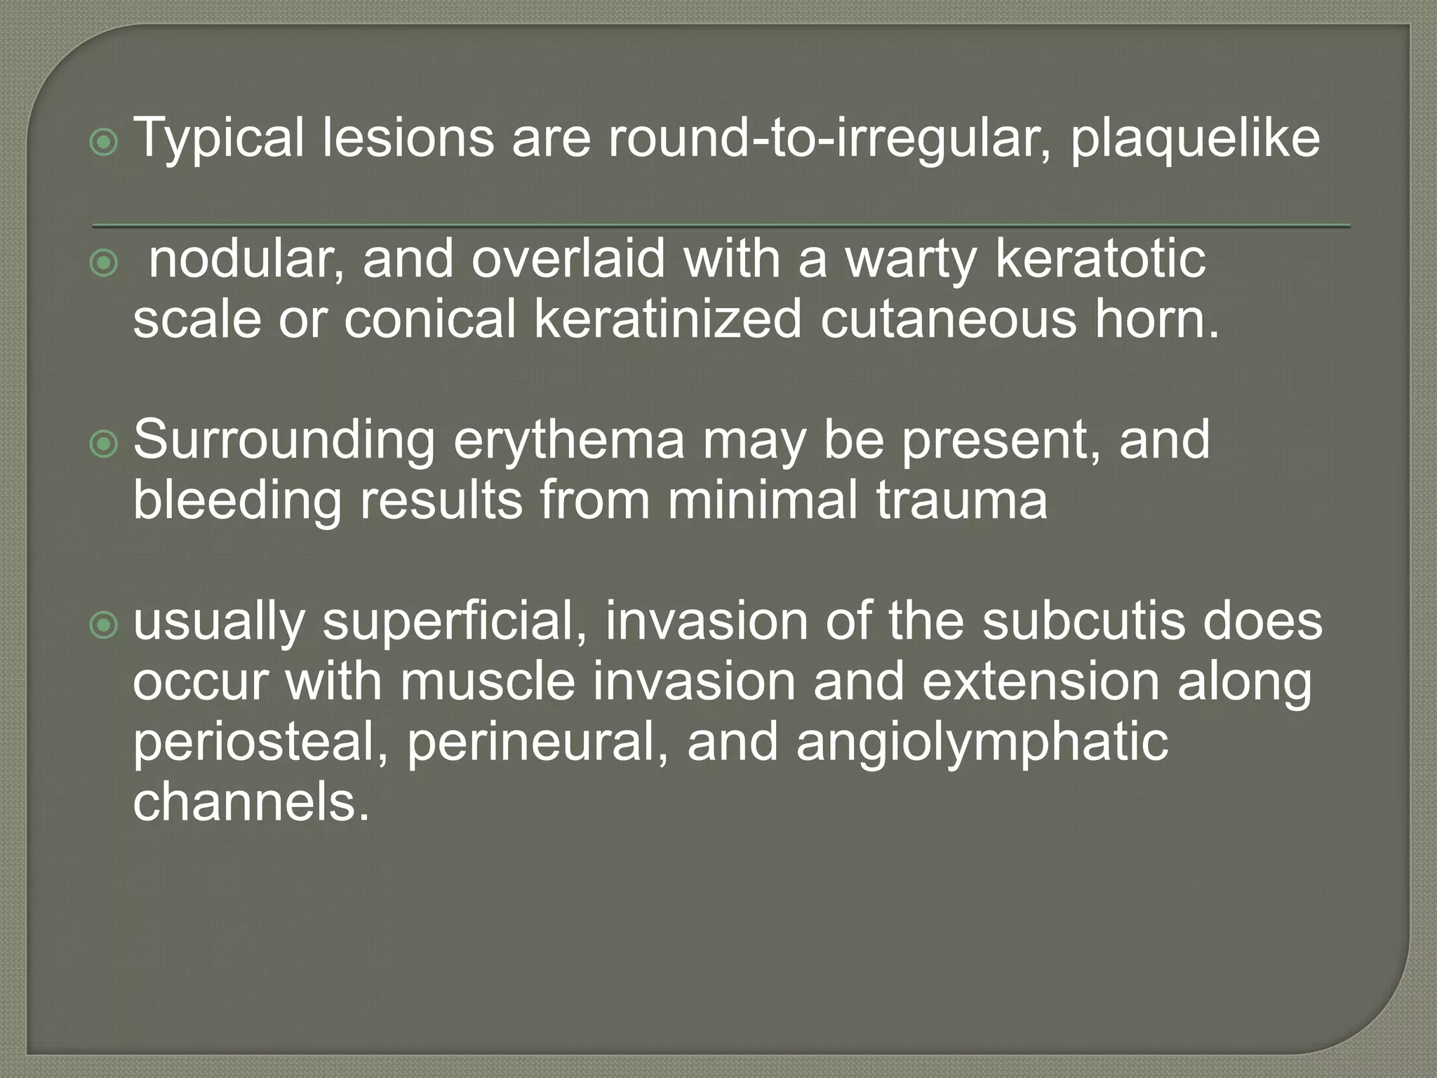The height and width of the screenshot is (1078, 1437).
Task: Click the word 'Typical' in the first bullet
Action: click(218, 138)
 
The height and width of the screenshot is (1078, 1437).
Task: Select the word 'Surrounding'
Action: click(284, 441)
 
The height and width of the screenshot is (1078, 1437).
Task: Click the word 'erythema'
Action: click(569, 441)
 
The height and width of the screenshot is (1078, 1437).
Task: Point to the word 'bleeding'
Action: click(236, 500)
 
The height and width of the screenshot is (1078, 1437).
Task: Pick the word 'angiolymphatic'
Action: click(982, 743)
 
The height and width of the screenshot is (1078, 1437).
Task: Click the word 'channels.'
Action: click(250, 802)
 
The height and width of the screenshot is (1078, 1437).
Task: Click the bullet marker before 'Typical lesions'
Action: click(105, 144)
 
